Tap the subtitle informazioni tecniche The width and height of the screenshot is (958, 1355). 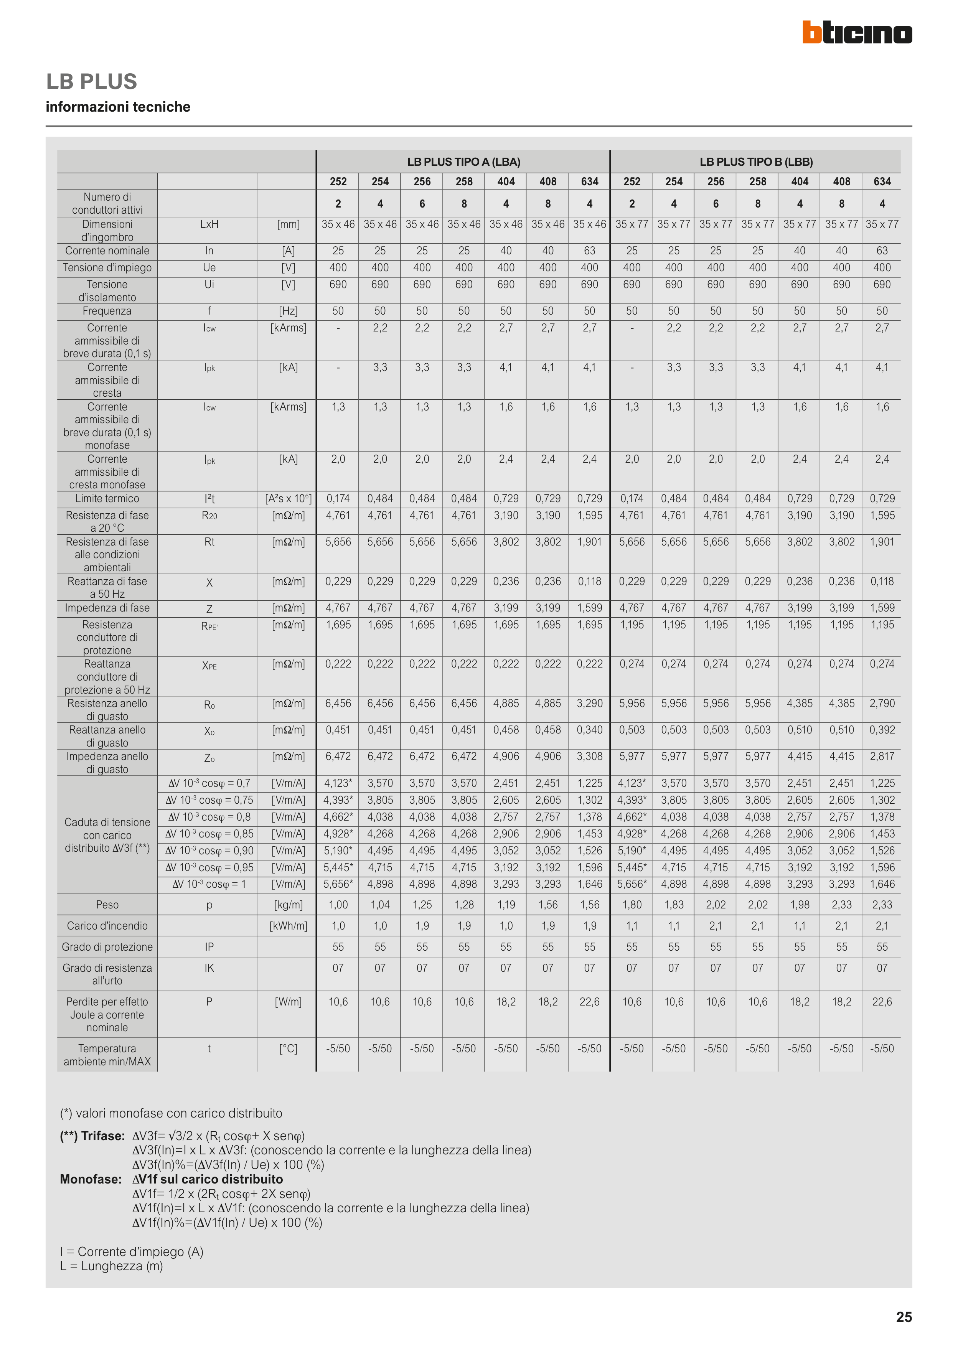118,107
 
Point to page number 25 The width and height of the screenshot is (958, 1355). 904,1317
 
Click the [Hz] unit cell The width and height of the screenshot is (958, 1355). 288,311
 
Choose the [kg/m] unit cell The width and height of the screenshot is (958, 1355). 288,905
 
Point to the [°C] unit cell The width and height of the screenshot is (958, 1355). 288,1049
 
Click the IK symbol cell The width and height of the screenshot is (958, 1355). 209,968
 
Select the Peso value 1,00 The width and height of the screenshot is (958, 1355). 338,905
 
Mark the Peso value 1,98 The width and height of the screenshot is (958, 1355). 800,905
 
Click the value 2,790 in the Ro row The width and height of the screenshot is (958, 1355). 882,704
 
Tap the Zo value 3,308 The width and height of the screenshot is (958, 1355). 590,756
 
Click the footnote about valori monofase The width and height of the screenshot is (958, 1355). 171,1113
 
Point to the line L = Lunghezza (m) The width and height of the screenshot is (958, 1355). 112,1266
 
